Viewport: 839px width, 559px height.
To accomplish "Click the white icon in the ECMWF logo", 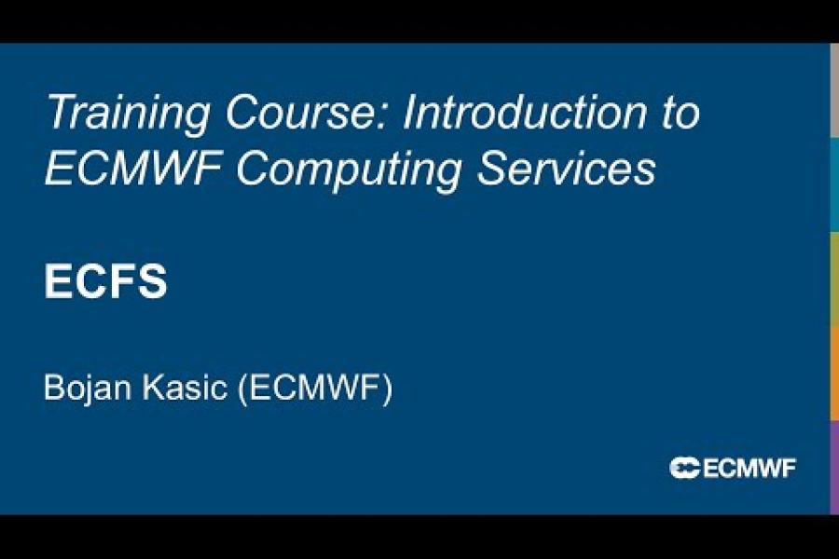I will [x=684, y=468].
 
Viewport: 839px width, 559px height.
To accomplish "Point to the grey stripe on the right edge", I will [x=834, y=89].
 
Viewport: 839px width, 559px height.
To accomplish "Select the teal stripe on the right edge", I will [x=834, y=184].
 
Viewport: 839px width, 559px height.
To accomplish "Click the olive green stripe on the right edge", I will [x=834, y=279].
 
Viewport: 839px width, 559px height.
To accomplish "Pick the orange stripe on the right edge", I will [x=834, y=373].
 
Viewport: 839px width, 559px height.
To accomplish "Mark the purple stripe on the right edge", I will [x=834, y=466].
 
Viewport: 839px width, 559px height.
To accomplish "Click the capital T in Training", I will [x=58, y=114].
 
